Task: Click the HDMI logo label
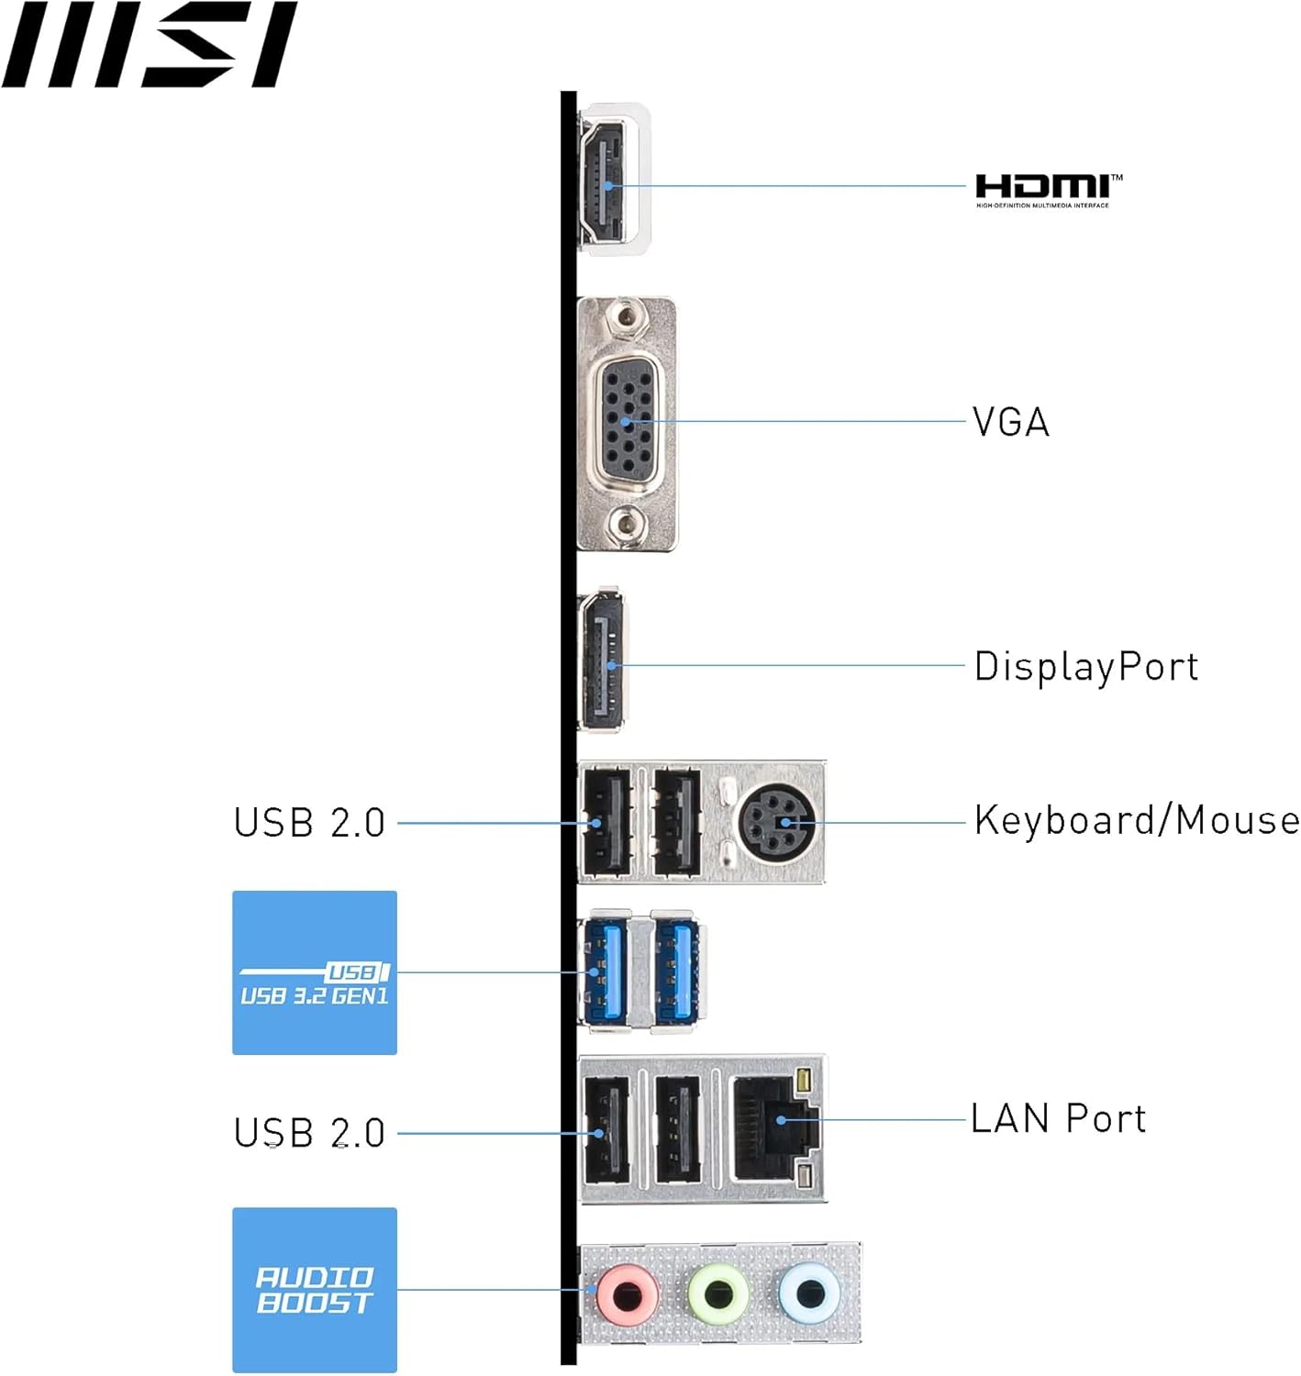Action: [1047, 189]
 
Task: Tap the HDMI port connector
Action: [602, 183]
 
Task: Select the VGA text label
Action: [1010, 423]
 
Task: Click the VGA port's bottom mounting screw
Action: [627, 525]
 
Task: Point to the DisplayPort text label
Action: [1086, 667]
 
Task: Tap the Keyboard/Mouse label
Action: [1136, 820]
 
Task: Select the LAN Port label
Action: [1058, 1119]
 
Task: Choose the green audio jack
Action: [717, 1294]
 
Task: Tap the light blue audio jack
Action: [808, 1293]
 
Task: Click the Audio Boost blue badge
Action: [315, 1290]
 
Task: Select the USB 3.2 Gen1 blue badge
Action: [315, 972]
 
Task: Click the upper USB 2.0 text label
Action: [309, 823]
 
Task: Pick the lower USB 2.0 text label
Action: [309, 1133]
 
